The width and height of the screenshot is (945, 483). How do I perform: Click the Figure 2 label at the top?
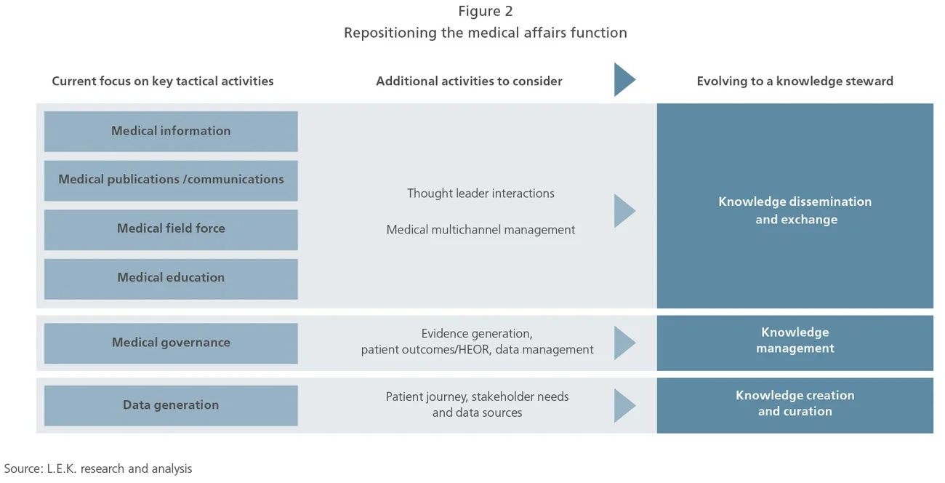(x=485, y=11)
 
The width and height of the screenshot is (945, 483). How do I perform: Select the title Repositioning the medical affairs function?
(x=485, y=33)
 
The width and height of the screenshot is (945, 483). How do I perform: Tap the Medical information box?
(x=171, y=131)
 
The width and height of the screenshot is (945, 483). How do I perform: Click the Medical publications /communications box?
(x=171, y=180)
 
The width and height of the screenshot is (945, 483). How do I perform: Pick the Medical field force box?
(x=171, y=228)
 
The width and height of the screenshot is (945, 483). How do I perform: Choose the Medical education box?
(x=171, y=278)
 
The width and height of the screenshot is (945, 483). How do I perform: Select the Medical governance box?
(x=171, y=343)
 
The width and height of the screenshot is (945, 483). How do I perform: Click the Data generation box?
(x=171, y=405)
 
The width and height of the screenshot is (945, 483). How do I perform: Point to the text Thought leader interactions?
(x=480, y=193)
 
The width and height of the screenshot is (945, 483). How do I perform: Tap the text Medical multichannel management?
(x=480, y=230)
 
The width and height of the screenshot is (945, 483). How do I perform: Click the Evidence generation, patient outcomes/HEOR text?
(x=477, y=342)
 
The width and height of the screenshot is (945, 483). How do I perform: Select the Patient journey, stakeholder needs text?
(x=477, y=404)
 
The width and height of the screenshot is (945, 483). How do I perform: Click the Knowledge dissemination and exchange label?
(x=795, y=210)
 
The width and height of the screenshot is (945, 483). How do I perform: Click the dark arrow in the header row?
(x=623, y=80)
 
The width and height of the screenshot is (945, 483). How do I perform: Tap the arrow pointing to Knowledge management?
(x=623, y=343)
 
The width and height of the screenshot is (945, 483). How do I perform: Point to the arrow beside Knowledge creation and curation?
(x=623, y=405)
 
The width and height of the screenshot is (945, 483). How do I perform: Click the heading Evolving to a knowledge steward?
(x=795, y=81)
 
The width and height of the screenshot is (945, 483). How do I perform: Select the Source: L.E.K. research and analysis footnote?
(x=98, y=468)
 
